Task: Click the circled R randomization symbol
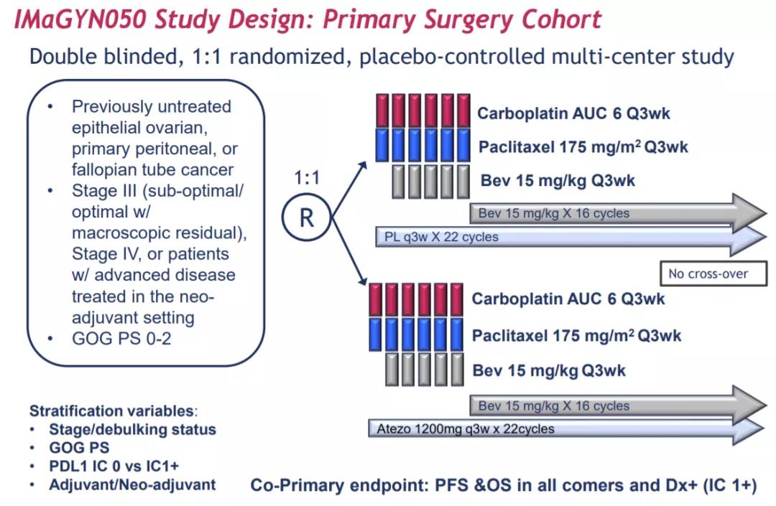[306, 217]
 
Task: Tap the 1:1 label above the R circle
[307, 177]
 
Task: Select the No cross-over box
[713, 273]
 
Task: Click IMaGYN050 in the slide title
[80, 20]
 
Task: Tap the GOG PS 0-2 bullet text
[121, 339]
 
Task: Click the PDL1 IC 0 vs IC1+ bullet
[114, 466]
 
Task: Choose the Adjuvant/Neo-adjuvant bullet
[133, 484]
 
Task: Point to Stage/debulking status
[133, 429]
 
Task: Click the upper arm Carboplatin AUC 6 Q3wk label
[573, 113]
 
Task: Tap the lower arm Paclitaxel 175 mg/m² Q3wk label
[576, 336]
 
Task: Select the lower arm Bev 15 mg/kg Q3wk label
[549, 370]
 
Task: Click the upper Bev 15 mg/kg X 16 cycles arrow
[618, 213]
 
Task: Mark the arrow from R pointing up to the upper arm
[349, 189]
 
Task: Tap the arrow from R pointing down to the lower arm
[349, 251]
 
